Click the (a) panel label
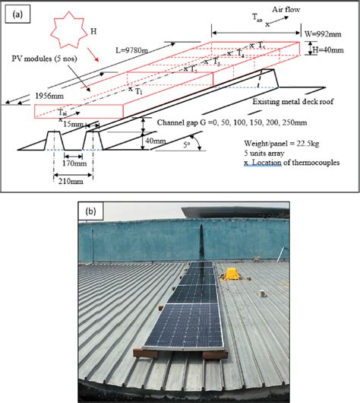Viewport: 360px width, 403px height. pos(14,13)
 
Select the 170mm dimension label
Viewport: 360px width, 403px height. pos(72,161)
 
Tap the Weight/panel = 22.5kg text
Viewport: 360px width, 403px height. pos(256,142)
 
